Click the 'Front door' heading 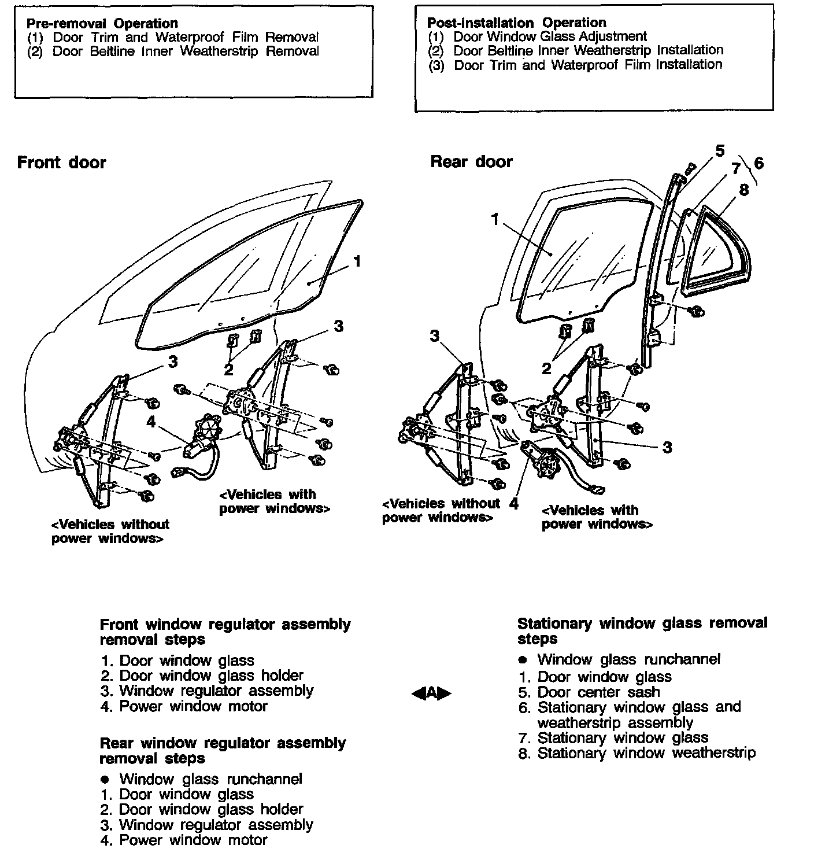pyautogui.click(x=61, y=163)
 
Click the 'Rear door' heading pyautogui.click(x=471, y=162)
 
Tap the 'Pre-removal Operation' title pyautogui.click(x=102, y=24)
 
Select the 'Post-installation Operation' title pyautogui.click(x=516, y=23)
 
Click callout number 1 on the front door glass pyautogui.click(x=357, y=261)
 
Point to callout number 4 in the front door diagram pyautogui.click(x=151, y=422)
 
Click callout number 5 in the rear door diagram pyautogui.click(x=720, y=152)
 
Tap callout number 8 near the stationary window pyautogui.click(x=743, y=190)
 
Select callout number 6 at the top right pyautogui.click(x=758, y=164)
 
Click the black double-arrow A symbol pyautogui.click(x=431, y=693)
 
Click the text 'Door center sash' pyautogui.click(x=598, y=692)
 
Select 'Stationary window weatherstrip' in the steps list pyautogui.click(x=646, y=753)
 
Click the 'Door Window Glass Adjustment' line pyautogui.click(x=549, y=36)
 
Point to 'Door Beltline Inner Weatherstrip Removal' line pyautogui.click(x=185, y=51)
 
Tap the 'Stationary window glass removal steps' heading pyautogui.click(x=642, y=631)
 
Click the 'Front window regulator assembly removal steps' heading pyautogui.click(x=225, y=632)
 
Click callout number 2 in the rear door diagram pyautogui.click(x=546, y=368)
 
